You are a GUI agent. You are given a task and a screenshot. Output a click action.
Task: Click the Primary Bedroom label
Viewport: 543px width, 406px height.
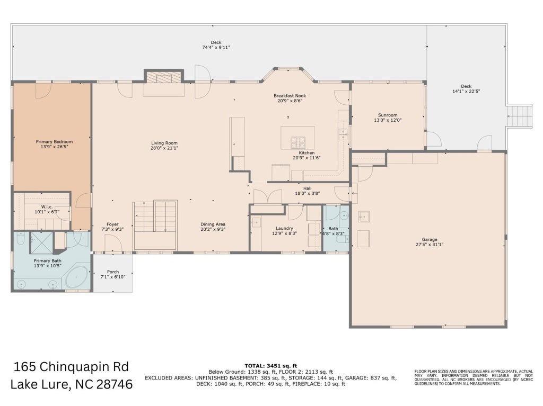pyautogui.click(x=55, y=141)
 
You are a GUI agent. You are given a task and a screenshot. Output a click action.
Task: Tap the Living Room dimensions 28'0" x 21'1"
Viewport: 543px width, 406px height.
pyautogui.click(x=164, y=148)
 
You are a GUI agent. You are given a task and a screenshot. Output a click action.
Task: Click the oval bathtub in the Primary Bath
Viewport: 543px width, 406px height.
pyautogui.click(x=77, y=277)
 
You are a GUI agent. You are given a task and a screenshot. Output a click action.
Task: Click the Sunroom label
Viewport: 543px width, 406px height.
pyautogui.click(x=388, y=115)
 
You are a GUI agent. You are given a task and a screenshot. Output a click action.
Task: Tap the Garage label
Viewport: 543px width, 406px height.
pyautogui.click(x=430, y=239)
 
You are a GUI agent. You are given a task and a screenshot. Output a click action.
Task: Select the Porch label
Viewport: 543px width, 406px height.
pyautogui.click(x=113, y=272)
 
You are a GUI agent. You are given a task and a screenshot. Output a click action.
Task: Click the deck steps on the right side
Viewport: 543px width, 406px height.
pyautogui.click(x=519, y=116)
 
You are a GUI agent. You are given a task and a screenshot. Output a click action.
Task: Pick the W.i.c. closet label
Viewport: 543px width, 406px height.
pyautogui.click(x=45, y=207)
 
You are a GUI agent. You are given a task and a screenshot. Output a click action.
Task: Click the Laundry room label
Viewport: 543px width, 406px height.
pyautogui.click(x=284, y=228)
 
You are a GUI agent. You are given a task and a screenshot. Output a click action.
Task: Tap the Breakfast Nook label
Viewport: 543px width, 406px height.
pyautogui.click(x=290, y=96)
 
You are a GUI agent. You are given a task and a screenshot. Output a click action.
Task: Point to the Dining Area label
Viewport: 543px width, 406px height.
pyautogui.click(x=213, y=224)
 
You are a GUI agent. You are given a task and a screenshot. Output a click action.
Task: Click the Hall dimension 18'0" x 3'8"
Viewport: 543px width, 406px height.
pyautogui.click(x=307, y=194)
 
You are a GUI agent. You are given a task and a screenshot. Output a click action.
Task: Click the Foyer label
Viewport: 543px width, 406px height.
pyautogui.click(x=112, y=224)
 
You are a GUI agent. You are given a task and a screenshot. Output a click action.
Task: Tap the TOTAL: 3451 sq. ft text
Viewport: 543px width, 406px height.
pyautogui.click(x=271, y=366)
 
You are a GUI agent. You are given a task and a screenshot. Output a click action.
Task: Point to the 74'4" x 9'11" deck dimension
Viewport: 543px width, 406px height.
pyautogui.click(x=216, y=48)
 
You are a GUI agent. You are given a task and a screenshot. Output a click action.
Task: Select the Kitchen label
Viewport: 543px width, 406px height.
pyautogui.click(x=307, y=152)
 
